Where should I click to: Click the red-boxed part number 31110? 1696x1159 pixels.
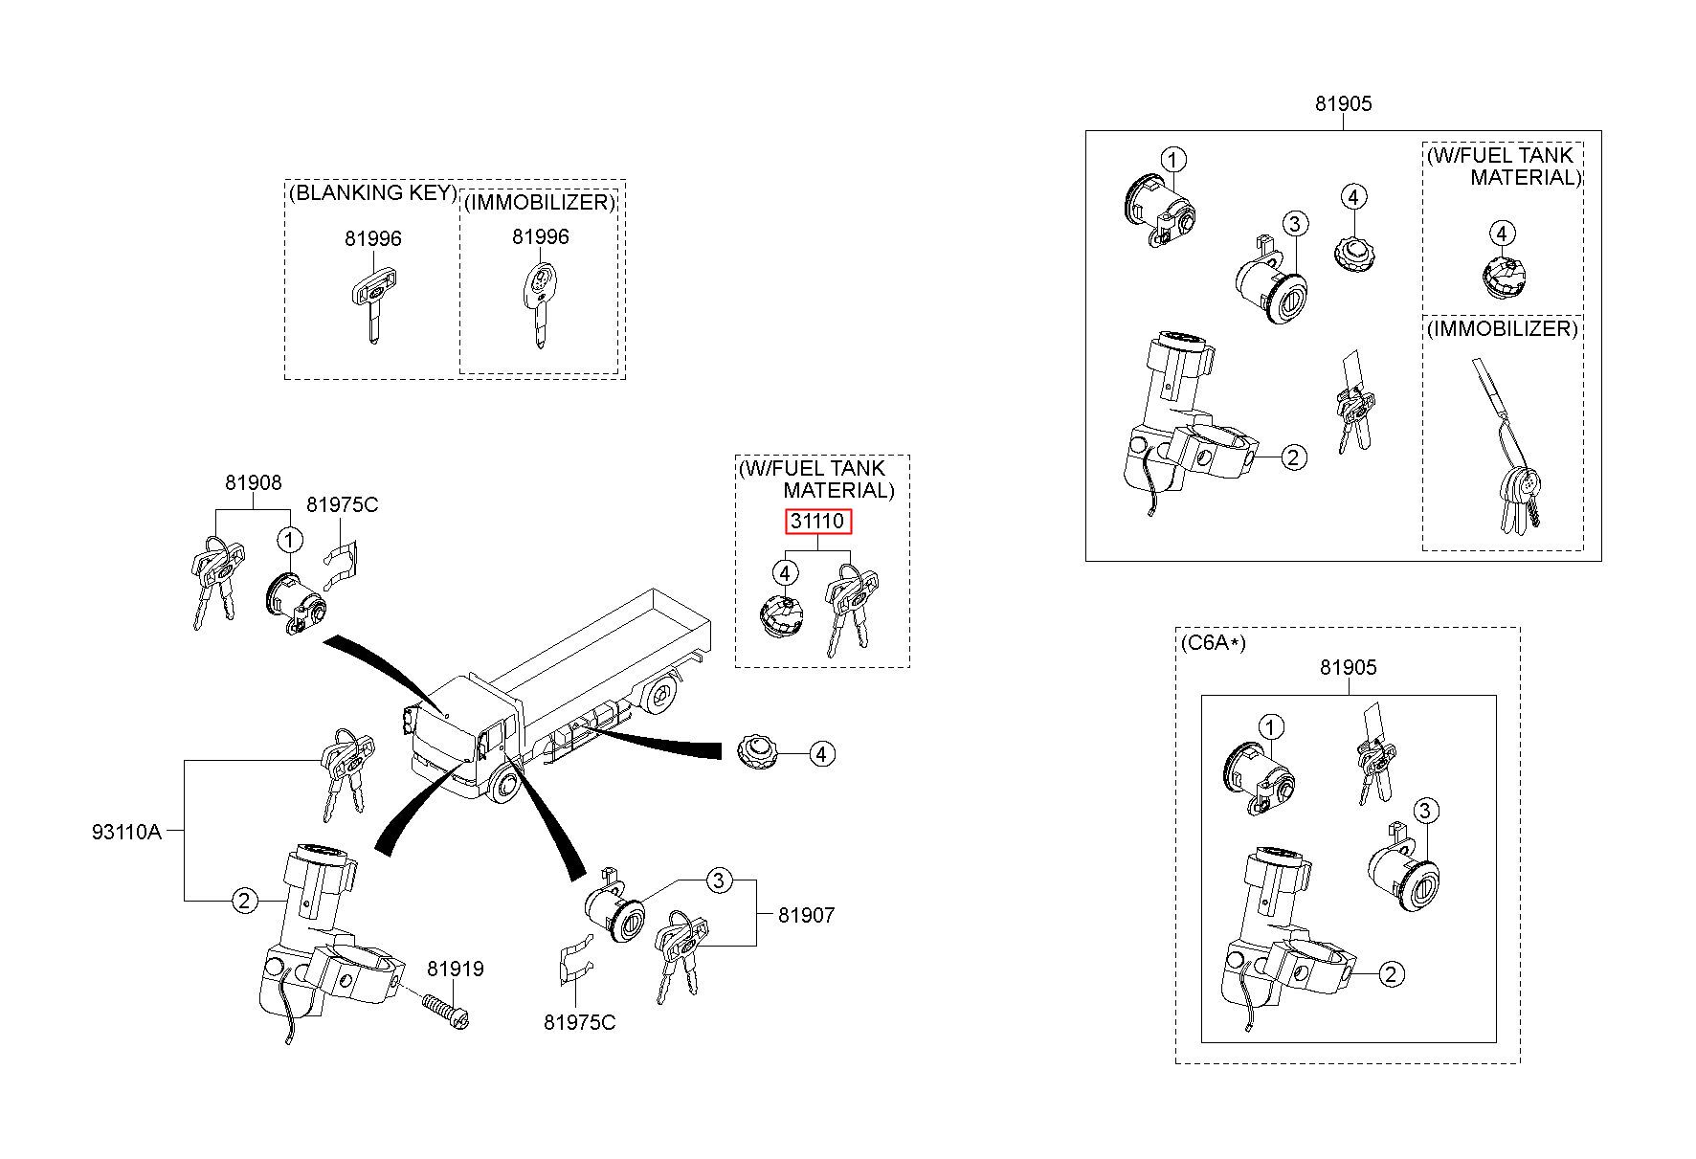818,522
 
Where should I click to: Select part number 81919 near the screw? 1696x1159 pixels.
456,969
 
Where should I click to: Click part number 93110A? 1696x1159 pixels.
127,832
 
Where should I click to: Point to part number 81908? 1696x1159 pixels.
254,482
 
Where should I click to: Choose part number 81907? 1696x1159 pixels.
806,915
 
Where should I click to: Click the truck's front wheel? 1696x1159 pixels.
505,787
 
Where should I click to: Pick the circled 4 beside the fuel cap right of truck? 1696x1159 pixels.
821,754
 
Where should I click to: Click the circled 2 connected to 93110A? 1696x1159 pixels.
245,900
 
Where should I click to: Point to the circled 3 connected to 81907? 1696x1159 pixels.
720,880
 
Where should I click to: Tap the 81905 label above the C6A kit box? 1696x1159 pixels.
1349,667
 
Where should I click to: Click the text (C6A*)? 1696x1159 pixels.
1214,643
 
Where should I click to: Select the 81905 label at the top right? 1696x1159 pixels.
1343,103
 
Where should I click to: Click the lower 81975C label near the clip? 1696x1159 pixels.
580,1022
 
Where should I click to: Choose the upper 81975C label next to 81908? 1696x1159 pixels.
342,504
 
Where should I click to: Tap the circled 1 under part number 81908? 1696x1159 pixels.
289,541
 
